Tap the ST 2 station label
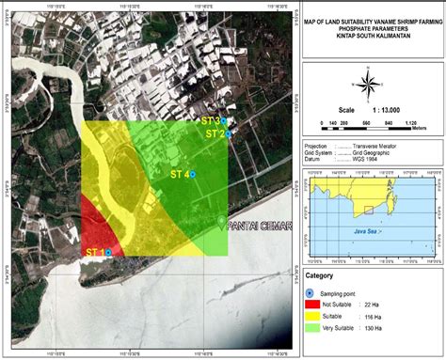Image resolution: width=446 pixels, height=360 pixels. coord(214,134)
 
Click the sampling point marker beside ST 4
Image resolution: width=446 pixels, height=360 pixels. coord(193,175)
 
